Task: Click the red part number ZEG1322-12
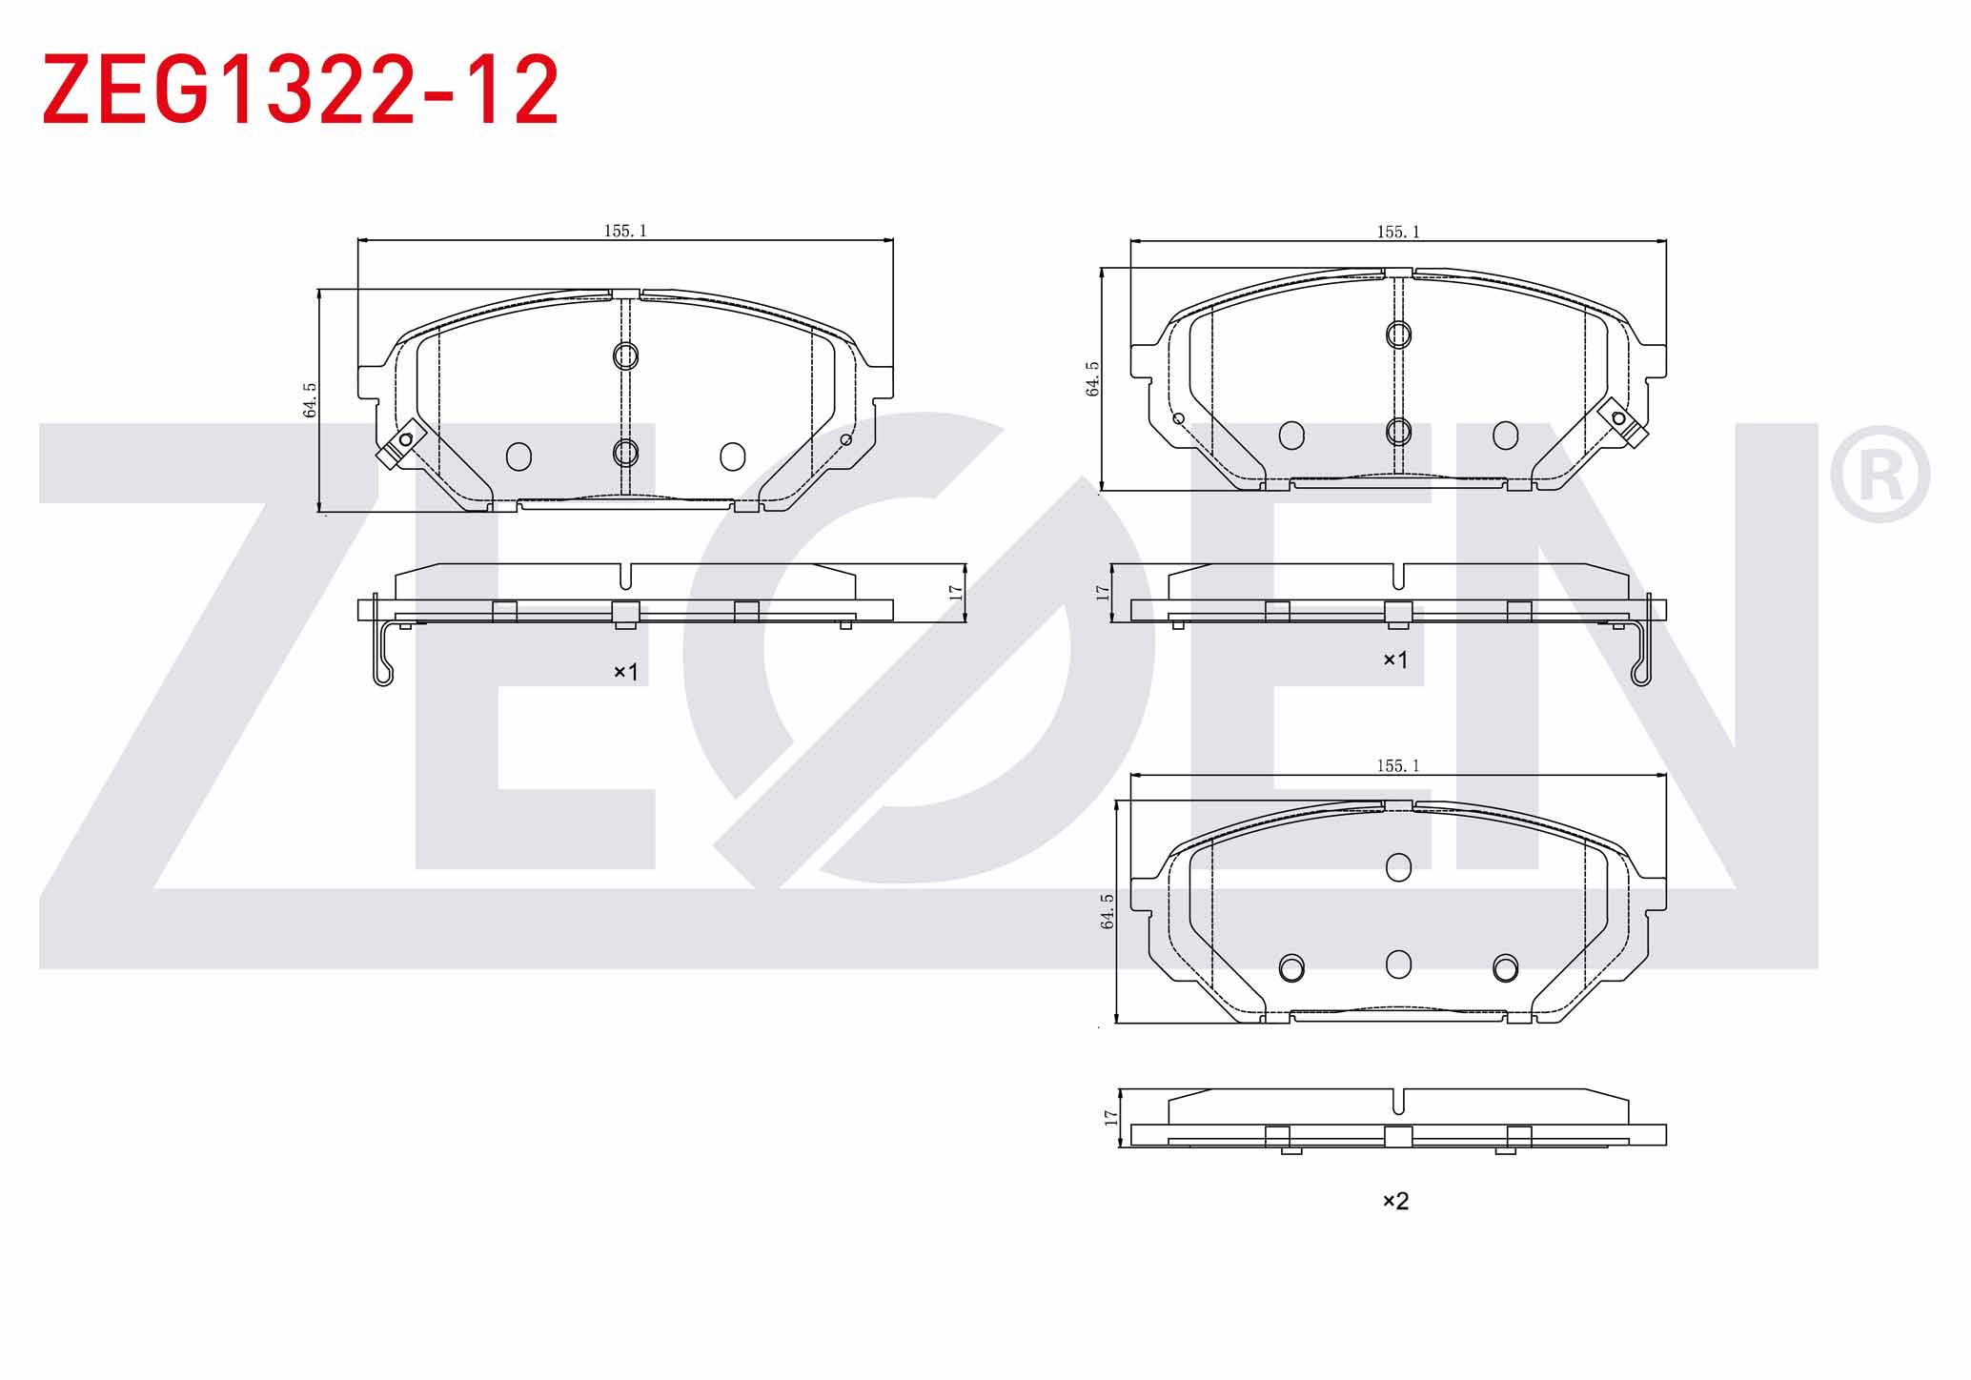tap(300, 90)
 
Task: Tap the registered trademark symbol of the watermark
tap(1880, 474)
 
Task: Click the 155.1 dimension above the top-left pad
tap(625, 231)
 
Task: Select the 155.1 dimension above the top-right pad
tap(1398, 232)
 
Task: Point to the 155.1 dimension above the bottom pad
tap(1398, 765)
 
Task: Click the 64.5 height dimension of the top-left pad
tap(310, 400)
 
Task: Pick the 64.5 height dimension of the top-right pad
tap(1092, 378)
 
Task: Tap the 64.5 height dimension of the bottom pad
tap(1107, 911)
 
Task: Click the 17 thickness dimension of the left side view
tap(956, 592)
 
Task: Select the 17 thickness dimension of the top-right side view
tap(1103, 592)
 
